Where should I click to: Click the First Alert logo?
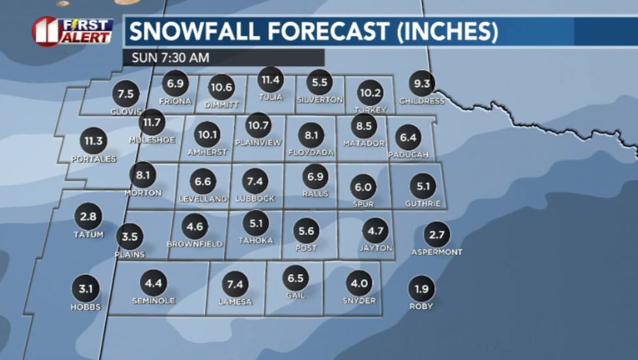click(x=72, y=31)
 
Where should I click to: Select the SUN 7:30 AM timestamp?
click(x=170, y=57)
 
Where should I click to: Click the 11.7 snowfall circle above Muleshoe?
click(x=152, y=121)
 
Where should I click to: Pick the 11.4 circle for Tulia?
click(x=270, y=80)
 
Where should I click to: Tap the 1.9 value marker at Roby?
click(x=421, y=288)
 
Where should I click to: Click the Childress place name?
click(x=422, y=101)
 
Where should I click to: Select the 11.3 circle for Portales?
click(x=93, y=141)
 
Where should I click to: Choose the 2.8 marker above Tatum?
click(x=88, y=216)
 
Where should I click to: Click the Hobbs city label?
click(x=86, y=307)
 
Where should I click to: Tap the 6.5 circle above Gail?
click(x=295, y=278)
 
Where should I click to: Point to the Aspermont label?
click(x=437, y=251)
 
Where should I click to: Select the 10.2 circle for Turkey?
click(x=370, y=92)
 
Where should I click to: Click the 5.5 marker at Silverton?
click(x=319, y=83)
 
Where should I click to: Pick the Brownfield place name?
click(x=195, y=243)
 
